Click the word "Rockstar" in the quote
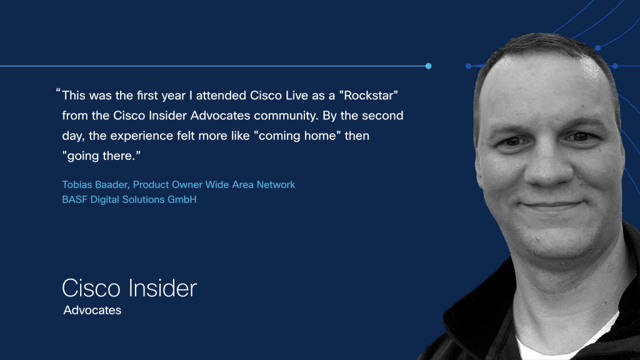point(368,96)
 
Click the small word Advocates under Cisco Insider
point(92,310)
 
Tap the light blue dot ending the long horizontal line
point(428,66)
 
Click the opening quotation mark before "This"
point(58,90)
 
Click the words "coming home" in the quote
point(297,136)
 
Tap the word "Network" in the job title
point(276,184)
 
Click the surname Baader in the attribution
point(112,184)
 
